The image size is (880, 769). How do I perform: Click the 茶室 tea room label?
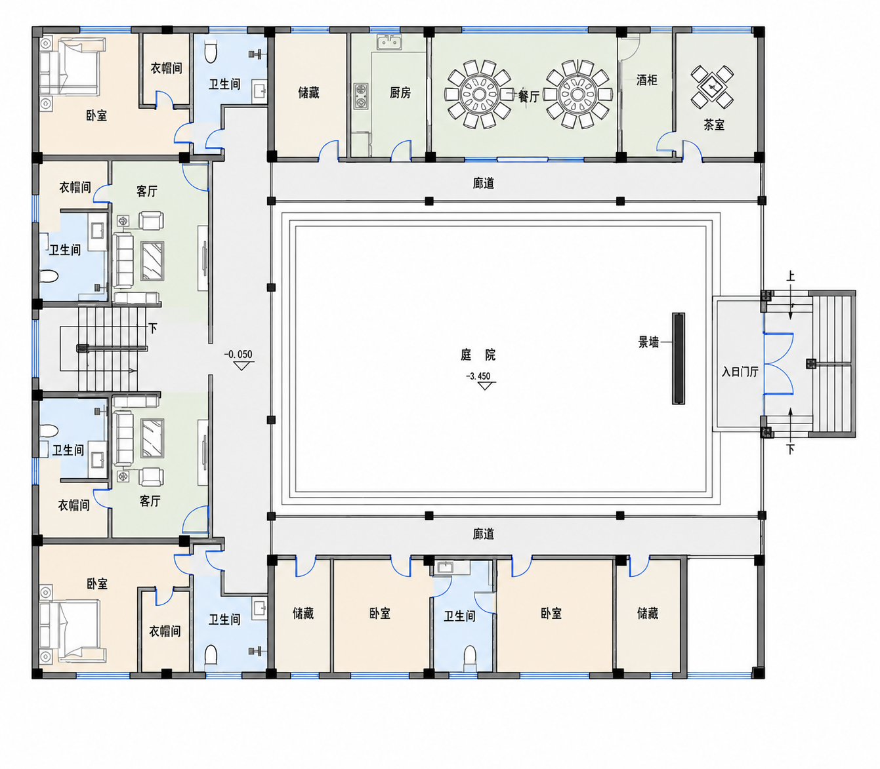click(x=714, y=125)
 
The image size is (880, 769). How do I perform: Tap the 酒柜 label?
click(x=647, y=80)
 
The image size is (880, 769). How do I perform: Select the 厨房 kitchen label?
click(x=400, y=92)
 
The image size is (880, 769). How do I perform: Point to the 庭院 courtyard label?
click(x=478, y=355)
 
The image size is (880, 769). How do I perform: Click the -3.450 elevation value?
click(x=478, y=376)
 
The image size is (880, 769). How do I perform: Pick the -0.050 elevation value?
click(x=238, y=355)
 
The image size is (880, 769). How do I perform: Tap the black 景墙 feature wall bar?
click(x=679, y=359)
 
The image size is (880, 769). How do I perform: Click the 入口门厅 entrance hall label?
click(x=740, y=372)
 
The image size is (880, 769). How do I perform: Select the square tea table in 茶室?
click(x=712, y=87)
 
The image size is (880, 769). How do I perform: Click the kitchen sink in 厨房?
click(x=390, y=42)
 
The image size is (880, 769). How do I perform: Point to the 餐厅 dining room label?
click(x=529, y=96)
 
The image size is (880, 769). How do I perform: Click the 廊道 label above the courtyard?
click(x=484, y=184)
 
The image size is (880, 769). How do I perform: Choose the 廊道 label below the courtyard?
click(x=484, y=534)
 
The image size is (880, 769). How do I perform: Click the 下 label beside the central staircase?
click(x=153, y=328)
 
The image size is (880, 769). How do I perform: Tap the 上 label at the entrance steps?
click(x=791, y=276)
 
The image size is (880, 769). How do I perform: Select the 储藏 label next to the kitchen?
click(x=309, y=92)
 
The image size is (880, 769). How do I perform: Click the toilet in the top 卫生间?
click(x=211, y=52)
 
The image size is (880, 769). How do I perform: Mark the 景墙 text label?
click(x=648, y=342)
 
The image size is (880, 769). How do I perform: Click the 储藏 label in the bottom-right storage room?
click(x=648, y=614)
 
